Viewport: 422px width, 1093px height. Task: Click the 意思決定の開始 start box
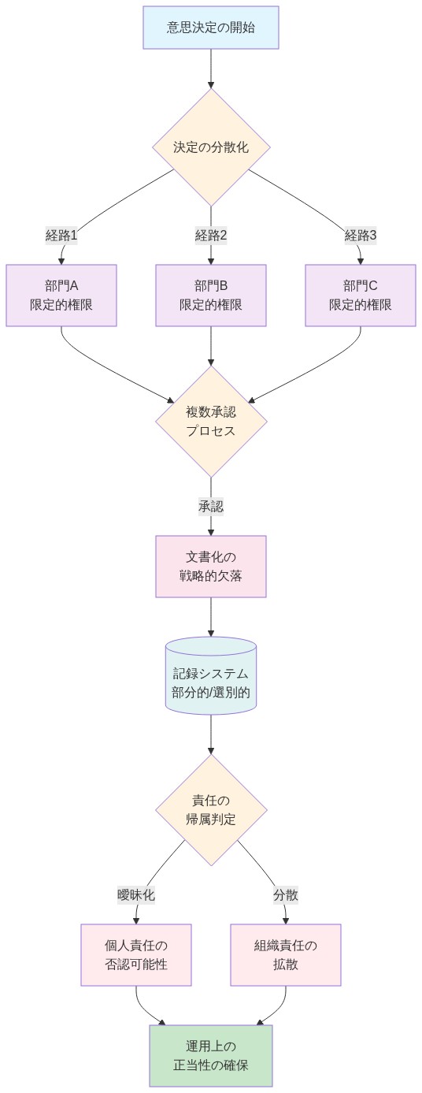pos(211,28)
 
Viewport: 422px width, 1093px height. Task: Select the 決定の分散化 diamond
pos(211,147)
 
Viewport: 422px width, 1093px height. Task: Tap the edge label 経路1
pos(61,235)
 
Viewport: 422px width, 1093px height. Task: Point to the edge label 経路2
pos(211,235)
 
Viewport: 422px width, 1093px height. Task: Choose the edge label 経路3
pos(361,235)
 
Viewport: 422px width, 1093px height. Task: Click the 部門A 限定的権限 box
pos(61,296)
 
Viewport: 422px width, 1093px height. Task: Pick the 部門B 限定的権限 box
pos(211,296)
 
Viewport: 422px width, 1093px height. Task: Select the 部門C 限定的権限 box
pos(361,296)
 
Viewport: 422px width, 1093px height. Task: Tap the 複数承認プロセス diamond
pos(211,421)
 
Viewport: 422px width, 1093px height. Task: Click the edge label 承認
pos(211,507)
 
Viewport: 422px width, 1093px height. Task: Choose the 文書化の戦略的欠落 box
pos(211,567)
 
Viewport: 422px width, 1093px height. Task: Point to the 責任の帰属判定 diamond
pos(211,810)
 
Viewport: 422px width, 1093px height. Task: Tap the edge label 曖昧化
pos(136,895)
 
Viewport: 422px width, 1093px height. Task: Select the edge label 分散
pos(286,895)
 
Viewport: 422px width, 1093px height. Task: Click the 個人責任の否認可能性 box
pos(136,955)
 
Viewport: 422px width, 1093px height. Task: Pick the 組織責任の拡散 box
pos(286,955)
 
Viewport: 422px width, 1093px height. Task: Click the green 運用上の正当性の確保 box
pos(211,1056)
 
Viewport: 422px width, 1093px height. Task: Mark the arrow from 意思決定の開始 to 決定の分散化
pos(211,69)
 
